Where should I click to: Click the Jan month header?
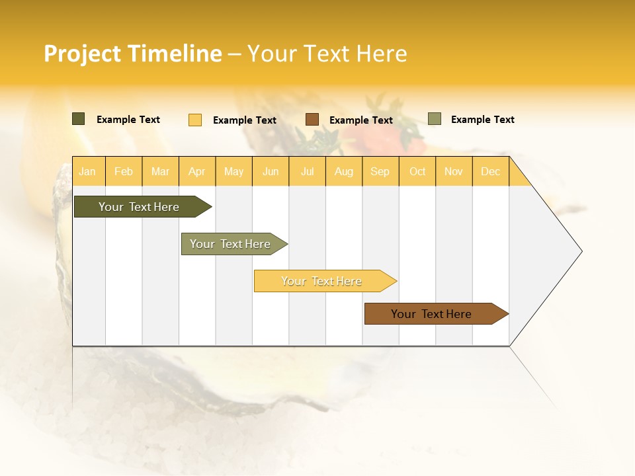[87, 171]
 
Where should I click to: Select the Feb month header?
[124, 171]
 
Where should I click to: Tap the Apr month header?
[196, 171]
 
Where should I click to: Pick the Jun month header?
[271, 171]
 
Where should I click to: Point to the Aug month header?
[343, 171]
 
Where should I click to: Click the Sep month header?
[380, 171]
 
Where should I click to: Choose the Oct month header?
[417, 171]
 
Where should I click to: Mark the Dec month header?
[490, 171]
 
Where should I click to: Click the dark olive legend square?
[79, 119]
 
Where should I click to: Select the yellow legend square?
[195, 120]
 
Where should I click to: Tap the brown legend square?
[312, 120]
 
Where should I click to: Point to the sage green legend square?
[435, 119]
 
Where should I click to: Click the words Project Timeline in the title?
[133, 54]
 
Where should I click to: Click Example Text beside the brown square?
[361, 120]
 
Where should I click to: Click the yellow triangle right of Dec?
[519, 177]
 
